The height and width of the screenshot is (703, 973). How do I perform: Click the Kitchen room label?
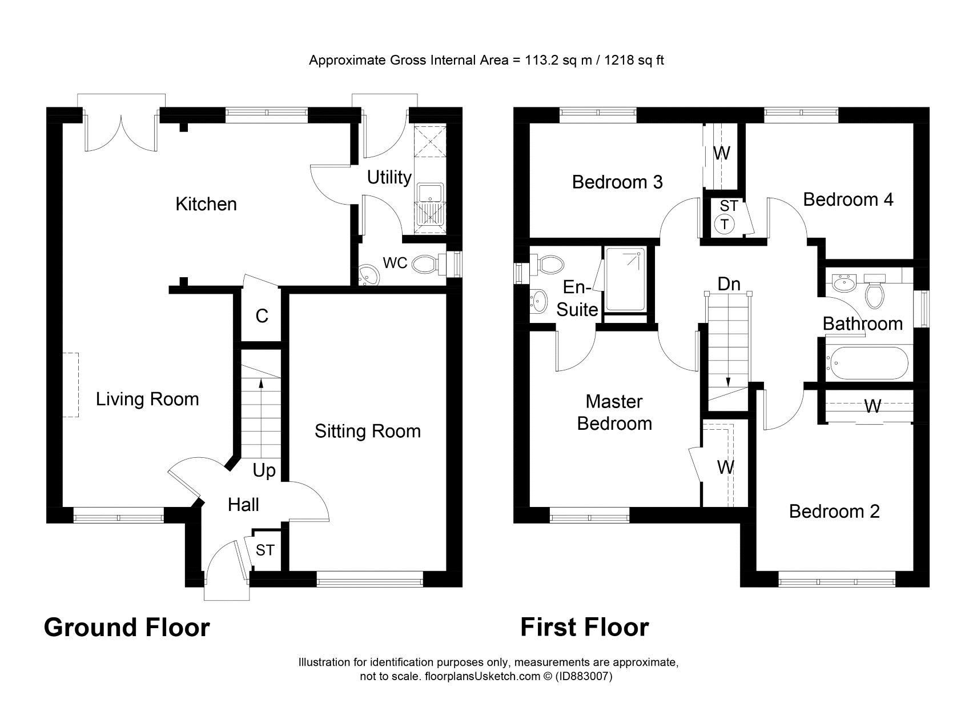click(x=206, y=204)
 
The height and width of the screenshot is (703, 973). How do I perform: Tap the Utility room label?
click(x=389, y=177)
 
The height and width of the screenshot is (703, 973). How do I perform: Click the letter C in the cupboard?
click(x=262, y=316)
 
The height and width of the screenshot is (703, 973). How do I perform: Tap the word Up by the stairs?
click(x=264, y=471)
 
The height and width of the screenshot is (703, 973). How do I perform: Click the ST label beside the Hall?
click(x=265, y=550)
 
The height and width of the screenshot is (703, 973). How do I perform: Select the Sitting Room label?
click(x=367, y=431)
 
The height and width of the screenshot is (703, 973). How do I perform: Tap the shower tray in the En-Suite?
click(x=625, y=280)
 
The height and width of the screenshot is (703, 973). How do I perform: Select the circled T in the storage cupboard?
click(x=725, y=225)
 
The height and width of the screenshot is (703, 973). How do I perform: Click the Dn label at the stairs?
click(x=729, y=284)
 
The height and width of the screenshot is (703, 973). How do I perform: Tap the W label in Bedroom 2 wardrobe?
click(x=872, y=407)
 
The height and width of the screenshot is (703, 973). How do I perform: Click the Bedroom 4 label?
click(x=848, y=199)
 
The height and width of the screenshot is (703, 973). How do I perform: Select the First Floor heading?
click(x=584, y=628)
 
